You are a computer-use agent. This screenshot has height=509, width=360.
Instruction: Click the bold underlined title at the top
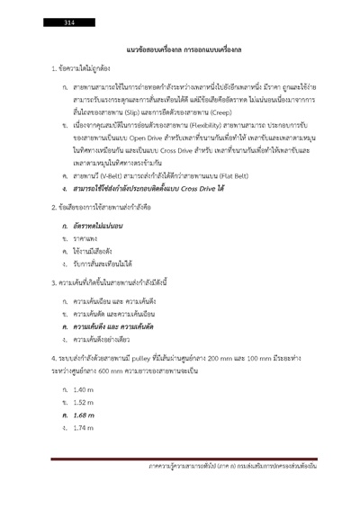180,46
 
